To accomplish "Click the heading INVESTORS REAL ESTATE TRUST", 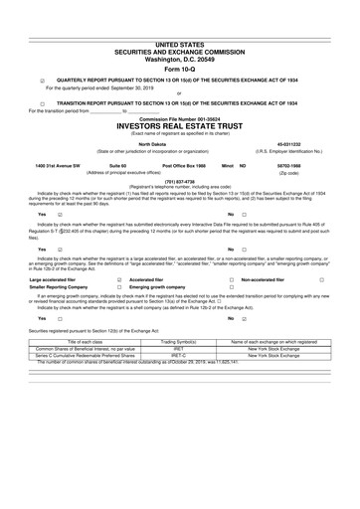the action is pos(179,127).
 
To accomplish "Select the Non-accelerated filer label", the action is pos(246,280).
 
